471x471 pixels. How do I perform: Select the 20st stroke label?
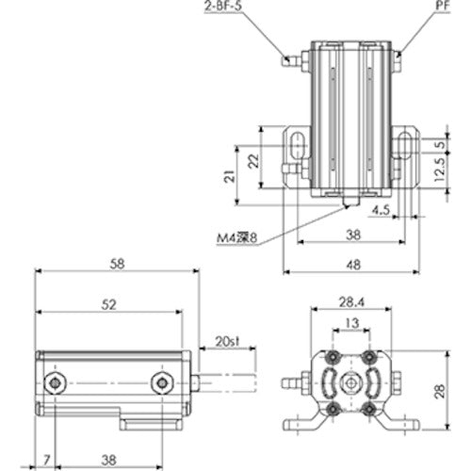click(x=225, y=340)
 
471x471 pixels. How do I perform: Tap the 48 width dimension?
click(x=349, y=266)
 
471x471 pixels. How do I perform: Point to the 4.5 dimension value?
click(x=380, y=209)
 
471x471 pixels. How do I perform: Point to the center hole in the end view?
click(x=350, y=384)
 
